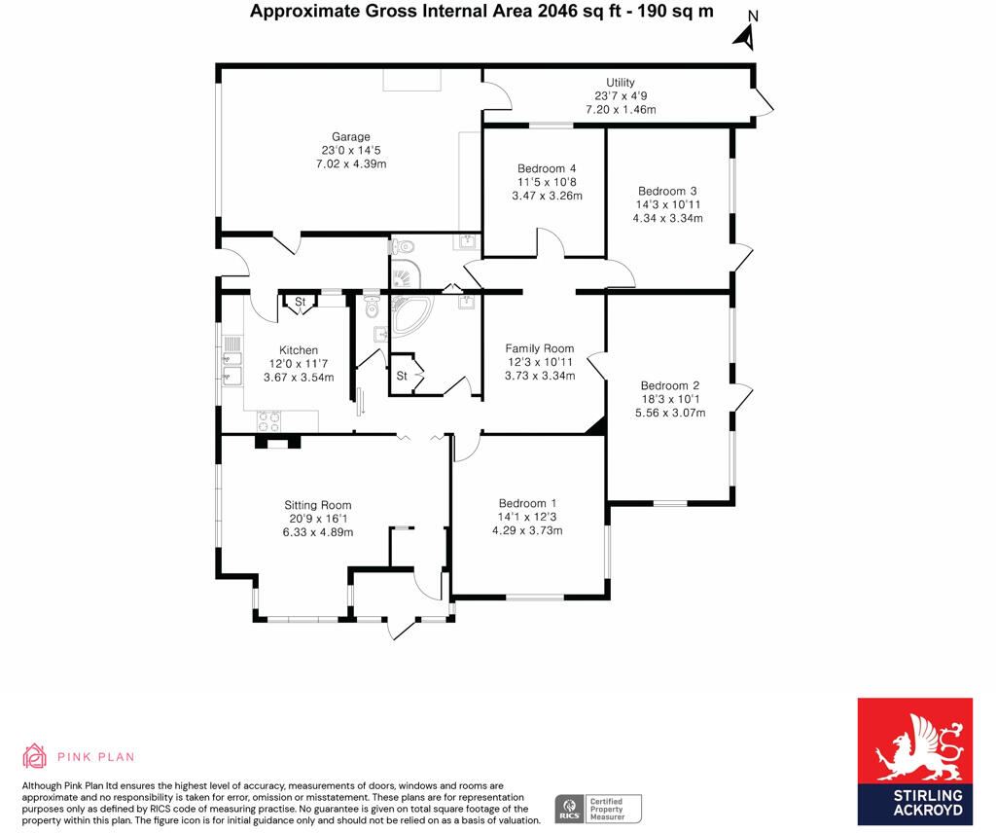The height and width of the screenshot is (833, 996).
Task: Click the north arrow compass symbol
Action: coord(746,34)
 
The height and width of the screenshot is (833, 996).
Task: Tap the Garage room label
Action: coord(350,137)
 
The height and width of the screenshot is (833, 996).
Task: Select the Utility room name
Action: coord(620,83)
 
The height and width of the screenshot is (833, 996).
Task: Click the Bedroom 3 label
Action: coord(667,191)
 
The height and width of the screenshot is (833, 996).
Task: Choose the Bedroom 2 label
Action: coord(669,385)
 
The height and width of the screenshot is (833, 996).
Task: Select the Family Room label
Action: coord(539,348)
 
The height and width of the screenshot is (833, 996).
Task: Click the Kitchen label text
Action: coord(299,350)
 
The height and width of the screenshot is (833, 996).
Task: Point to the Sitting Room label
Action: coord(317,505)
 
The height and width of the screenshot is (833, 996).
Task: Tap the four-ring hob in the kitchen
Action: coord(269,422)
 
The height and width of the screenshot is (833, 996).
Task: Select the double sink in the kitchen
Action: coord(231,361)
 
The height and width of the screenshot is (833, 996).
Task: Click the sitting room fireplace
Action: coord(278,442)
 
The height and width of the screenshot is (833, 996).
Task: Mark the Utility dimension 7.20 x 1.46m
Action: coord(621,110)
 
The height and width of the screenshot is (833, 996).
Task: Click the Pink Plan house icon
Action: coord(35,756)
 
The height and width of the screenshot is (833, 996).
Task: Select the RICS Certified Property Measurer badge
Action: coord(599,809)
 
